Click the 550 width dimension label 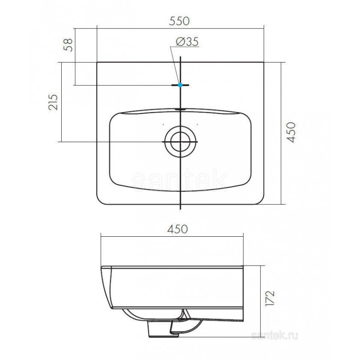click(x=179, y=21)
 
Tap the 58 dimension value click(x=68, y=45)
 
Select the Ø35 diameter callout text click(x=187, y=42)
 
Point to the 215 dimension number click(x=53, y=102)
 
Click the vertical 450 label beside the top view click(x=291, y=132)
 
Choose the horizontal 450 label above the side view click(x=177, y=229)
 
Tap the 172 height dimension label click(x=270, y=298)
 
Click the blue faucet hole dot click(x=180, y=85)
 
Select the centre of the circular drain click(x=180, y=142)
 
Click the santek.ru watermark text click(x=274, y=336)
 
